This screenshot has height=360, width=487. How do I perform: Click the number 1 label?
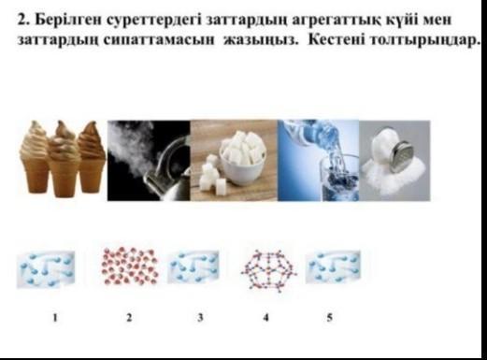click(x=55, y=318)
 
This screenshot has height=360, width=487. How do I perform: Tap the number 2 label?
click(x=129, y=318)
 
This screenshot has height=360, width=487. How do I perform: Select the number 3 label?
click(x=200, y=318)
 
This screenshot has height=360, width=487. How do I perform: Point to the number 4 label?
click(x=265, y=318)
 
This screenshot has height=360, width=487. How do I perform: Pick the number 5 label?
click(x=330, y=318)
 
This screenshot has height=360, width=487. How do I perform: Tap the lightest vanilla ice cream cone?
click(x=35, y=157)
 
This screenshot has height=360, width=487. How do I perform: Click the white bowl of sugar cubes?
click(x=243, y=156)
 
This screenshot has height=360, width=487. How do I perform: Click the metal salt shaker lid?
click(x=403, y=157)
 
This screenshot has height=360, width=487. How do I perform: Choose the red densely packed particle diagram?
click(x=131, y=266)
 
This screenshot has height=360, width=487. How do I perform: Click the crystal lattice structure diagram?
click(x=268, y=270)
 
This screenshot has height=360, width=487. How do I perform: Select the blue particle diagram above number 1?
click(x=46, y=269)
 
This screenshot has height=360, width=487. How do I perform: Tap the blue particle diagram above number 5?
click(x=333, y=266)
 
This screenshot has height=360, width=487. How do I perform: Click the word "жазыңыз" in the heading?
click(x=261, y=41)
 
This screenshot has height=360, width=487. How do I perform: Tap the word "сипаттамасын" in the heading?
click(x=159, y=41)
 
